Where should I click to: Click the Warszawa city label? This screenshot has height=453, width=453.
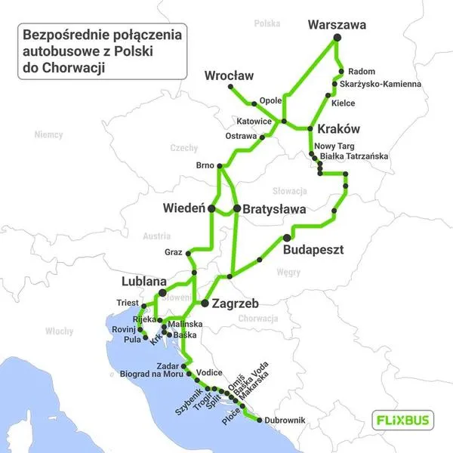pyautogui.click(x=337, y=25)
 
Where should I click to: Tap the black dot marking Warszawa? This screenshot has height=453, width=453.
pyautogui.click(x=337, y=38)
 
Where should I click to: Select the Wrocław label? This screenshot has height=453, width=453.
pyautogui.click(x=229, y=75)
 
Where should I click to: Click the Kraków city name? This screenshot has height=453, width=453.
pyautogui.click(x=337, y=128)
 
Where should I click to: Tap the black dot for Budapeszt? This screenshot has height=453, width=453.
pyautogui.click(x=286, y=238)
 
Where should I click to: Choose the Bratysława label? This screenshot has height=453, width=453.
pyautogui.click(x=269, y=208)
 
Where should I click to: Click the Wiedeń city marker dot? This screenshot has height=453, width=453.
pyautogui.click(x=212, y=208)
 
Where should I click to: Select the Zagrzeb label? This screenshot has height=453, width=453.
pyautogui.click(x=235, y=304)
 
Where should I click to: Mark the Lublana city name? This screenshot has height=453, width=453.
pyautogui.click(x=144, y=282)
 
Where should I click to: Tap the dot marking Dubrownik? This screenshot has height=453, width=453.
pyautogui.click(x=260, y=420)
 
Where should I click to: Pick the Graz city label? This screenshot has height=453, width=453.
pyautogui.click(x=174, y=251)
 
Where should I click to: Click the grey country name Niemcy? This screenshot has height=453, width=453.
pyautogui.click(x=48, y=134)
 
